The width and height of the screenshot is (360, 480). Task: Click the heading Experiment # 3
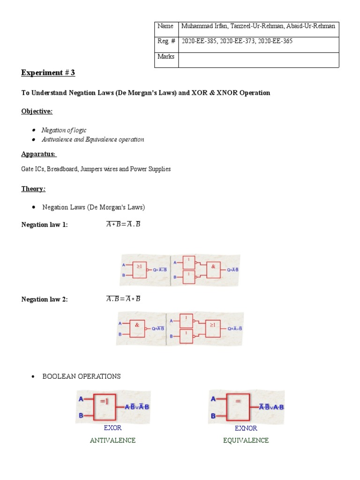tap(48, 73)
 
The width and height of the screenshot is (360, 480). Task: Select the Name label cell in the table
tap(165, 26)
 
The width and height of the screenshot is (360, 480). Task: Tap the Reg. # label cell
tap(166, 41)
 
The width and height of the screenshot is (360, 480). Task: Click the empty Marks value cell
tap(258, 60)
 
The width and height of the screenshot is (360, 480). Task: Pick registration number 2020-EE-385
tap(199, 41)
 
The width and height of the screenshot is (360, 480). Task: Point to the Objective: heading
tap(37, 111)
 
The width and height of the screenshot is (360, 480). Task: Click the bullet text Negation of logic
tap(64, 130)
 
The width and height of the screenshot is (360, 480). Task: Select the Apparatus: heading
tap(38, 154)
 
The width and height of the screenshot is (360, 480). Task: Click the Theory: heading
tap(33, 189)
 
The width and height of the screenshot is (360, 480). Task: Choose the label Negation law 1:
tap(45, 225)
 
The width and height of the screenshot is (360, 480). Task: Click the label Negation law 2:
tap(45, 300)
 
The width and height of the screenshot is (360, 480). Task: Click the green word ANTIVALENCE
tap(112, 441)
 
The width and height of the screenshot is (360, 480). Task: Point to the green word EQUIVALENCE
tap(246, 441)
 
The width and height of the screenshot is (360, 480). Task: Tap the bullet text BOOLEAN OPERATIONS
tap(82, 376)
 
